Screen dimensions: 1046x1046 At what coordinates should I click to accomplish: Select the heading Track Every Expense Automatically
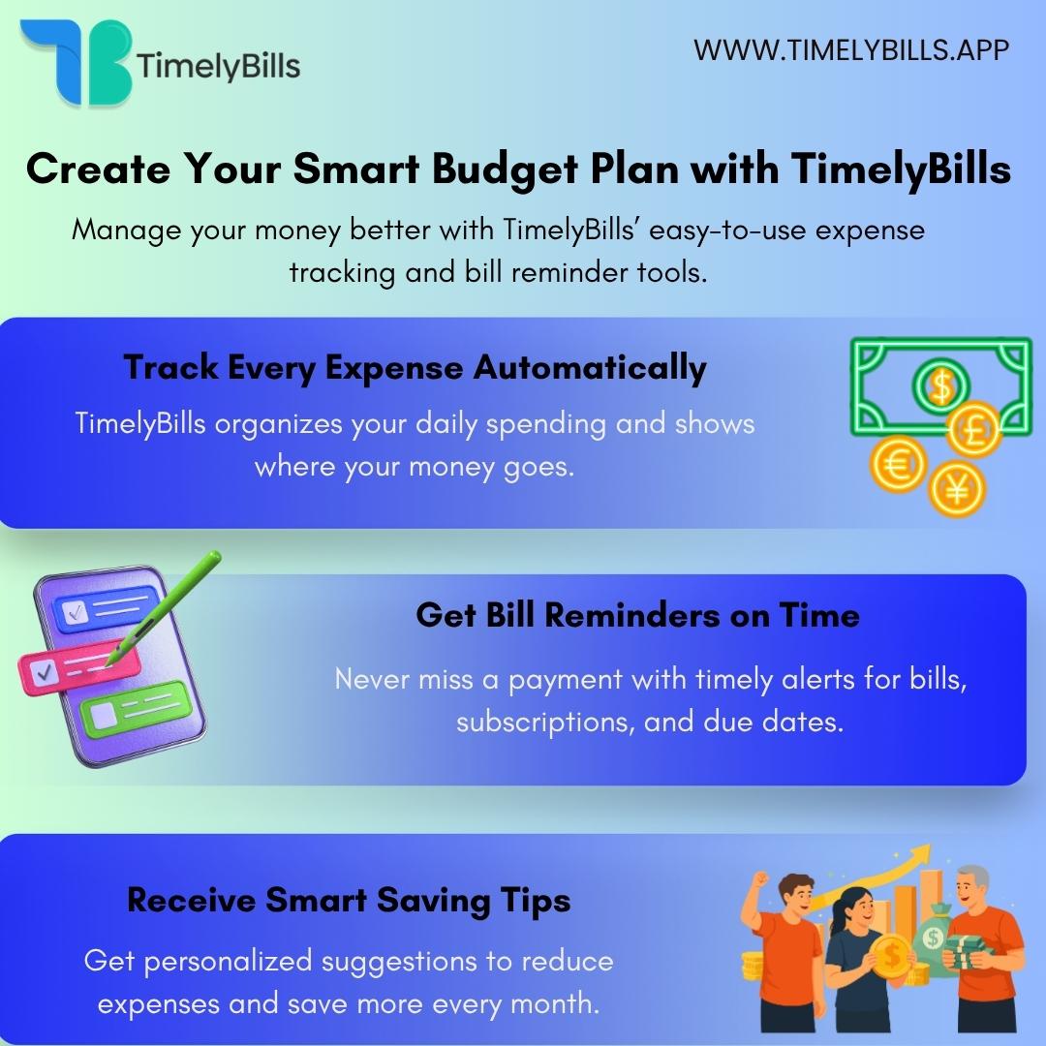(x=415, y=368)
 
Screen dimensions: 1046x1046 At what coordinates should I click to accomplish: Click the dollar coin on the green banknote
(x=938, y=386)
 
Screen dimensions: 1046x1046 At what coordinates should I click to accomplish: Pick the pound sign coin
(x=973, y=430)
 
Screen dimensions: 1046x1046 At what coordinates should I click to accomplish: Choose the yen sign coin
(x=956, y=489)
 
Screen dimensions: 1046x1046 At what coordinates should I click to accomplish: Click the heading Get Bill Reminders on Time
(x=637, y=615)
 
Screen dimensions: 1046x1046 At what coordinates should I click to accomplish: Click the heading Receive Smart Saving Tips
(x=349, y=900)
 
